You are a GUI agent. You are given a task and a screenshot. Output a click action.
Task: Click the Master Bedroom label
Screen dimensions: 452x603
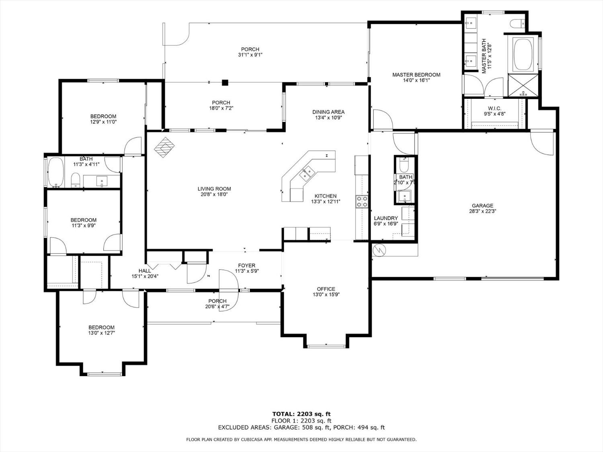[416, 75]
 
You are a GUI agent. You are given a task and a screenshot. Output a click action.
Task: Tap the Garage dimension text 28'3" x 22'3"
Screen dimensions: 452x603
[482, 211]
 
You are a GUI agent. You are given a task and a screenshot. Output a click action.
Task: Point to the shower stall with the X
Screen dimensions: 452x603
[523, 85]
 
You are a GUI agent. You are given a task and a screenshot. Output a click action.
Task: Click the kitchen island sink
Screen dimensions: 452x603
[308, 172]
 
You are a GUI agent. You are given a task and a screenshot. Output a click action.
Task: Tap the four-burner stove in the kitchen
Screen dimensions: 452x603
[362, 201]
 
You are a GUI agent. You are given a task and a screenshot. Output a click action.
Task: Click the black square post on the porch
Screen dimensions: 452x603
[225, 83]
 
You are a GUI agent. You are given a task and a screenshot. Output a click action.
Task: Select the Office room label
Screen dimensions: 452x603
[326, 289]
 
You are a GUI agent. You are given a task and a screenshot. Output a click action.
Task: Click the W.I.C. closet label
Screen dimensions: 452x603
[494, 108]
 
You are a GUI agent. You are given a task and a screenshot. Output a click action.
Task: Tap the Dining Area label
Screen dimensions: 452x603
[328, 112]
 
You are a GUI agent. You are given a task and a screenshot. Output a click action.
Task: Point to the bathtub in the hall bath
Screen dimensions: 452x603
[56, 173]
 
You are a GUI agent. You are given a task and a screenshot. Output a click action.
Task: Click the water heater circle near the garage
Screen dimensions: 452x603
[379, 250]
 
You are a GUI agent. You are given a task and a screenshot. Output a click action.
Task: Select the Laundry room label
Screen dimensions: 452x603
[386, 218]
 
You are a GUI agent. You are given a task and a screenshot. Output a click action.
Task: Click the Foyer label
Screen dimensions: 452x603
[246, 266]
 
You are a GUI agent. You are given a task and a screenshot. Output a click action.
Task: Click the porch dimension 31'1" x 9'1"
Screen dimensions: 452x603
[250, 55]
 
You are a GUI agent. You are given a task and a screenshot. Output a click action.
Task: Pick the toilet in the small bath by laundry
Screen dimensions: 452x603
[404, 165]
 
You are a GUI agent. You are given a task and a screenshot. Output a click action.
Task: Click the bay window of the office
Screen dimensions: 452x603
[326, 346]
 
